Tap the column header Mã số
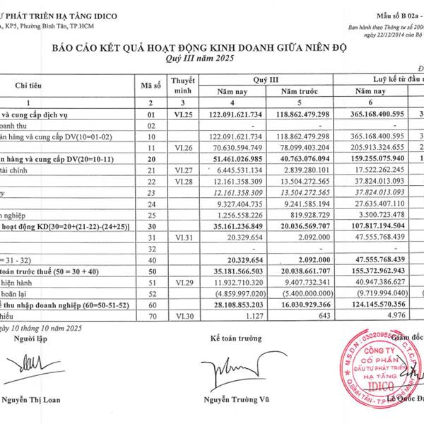[151, 86]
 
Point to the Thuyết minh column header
[182, 86]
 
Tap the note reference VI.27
[182, 170]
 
